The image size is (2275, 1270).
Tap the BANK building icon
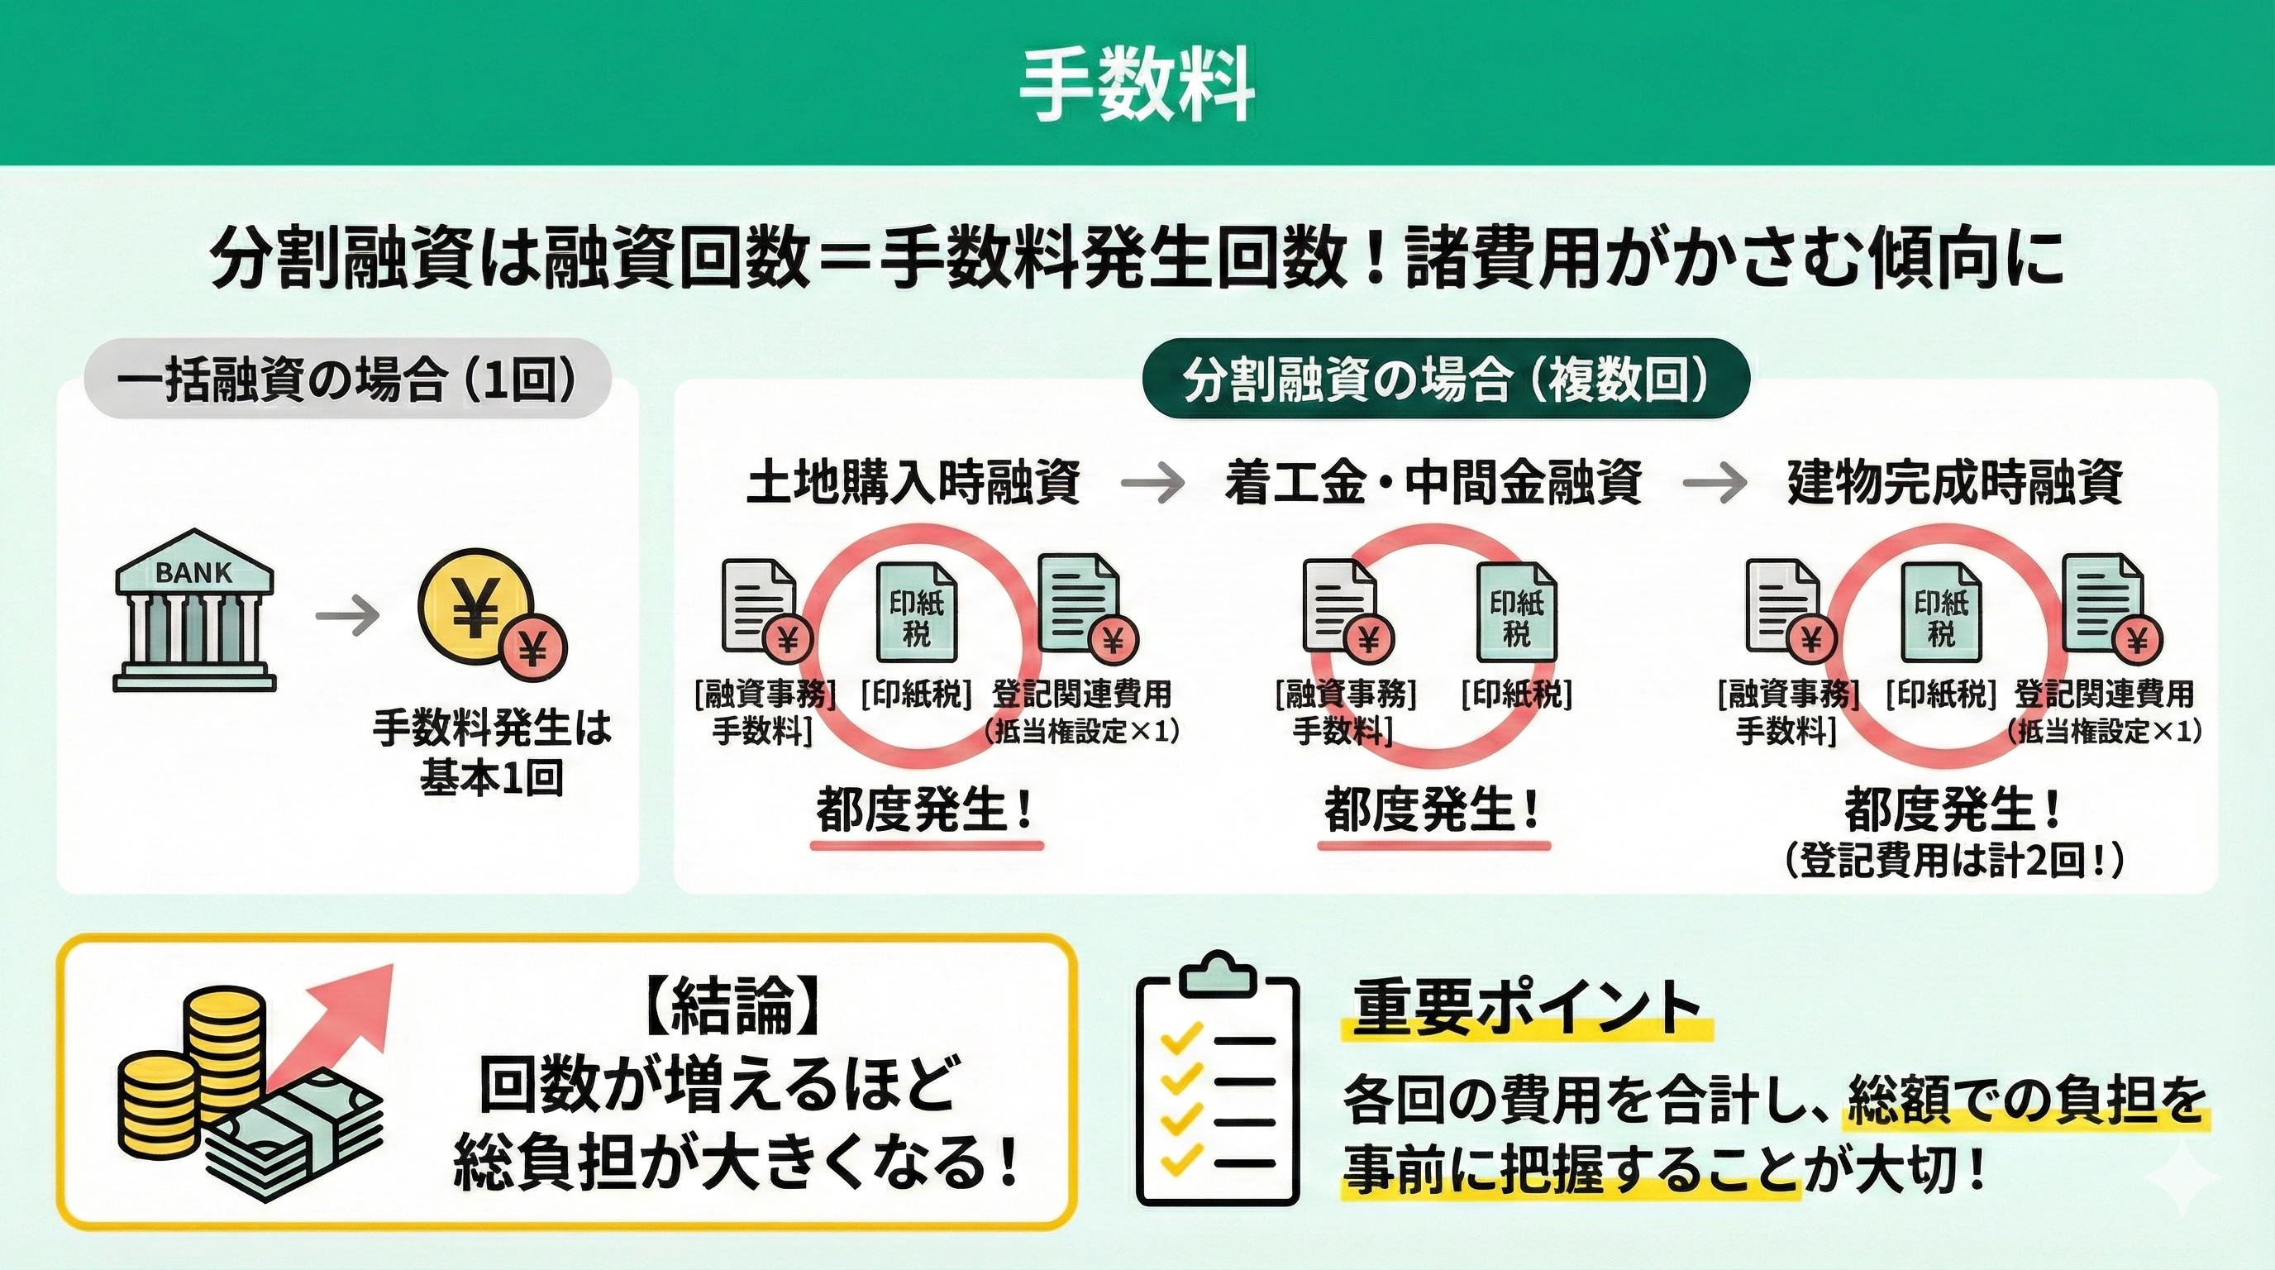click(194, 610)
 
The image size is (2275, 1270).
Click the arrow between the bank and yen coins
click(346, 616)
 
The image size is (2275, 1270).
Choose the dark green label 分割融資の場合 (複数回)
click(1446, 380)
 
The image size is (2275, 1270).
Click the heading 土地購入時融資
click(914, 482)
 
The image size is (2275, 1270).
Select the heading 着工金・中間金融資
click(1433, 482)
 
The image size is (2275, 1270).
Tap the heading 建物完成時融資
click(1954, 482)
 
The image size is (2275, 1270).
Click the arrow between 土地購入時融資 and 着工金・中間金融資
click(1152, 482)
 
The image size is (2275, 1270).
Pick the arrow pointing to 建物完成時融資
click(1715, 482)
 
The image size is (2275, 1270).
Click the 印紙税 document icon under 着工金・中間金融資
click(1516, 612)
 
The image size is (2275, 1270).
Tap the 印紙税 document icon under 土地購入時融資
click(916, 612)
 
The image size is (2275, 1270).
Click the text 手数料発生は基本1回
click(492, 752)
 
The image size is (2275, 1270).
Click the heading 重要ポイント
click(1526, 1009)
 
